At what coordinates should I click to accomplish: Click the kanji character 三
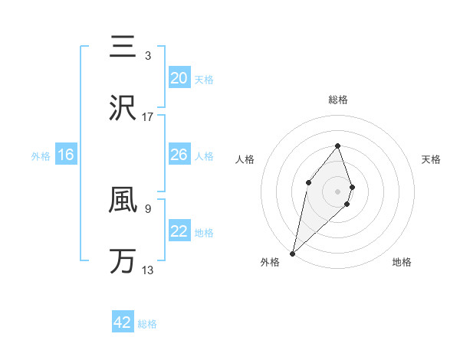[123, 46]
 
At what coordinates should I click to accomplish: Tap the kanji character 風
[123, 198]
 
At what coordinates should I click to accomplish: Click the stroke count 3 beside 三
[148, 55]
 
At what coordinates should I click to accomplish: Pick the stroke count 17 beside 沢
[148, 117]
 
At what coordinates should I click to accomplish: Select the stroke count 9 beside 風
[148, 208]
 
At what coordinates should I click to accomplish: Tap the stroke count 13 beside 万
[148, 270]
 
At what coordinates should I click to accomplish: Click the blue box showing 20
[179, 78]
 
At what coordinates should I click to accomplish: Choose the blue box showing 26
[179, 155]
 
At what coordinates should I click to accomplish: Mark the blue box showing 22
[179, 231]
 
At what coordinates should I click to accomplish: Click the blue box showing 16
[66, 155]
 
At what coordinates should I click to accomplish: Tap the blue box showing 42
[123, 322]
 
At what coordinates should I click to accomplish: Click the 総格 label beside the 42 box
[147, 324]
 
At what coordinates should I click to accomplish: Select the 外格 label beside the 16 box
[41, 156]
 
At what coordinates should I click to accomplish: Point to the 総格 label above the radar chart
[337, 100]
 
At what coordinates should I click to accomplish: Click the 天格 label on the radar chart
[432, 159]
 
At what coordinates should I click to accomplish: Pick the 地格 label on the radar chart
[402, 263]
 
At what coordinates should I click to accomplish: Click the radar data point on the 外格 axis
[292, 254]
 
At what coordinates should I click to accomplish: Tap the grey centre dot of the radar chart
[337, 191]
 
